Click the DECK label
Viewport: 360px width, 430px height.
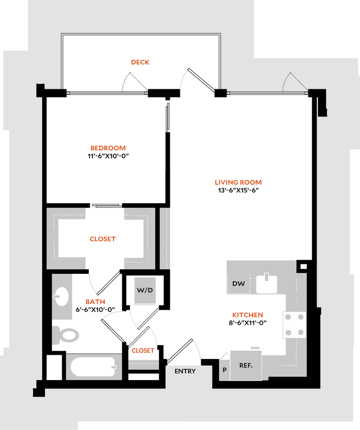click(x=140, y=62)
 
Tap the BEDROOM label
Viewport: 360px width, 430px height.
click(x=108, y=148)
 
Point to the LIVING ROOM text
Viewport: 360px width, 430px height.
click(x=238, y=182)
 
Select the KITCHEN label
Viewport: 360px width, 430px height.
click(x=248, y=315)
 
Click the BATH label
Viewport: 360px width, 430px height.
click(x=95, y=302)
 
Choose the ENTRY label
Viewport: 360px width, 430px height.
click(x=185, y=371)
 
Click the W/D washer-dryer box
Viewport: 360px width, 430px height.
click(x=145, y=291)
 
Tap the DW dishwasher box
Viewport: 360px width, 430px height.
click(x=238, y=284)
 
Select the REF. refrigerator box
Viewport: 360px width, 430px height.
click(x=246, y=365)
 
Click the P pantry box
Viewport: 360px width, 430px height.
click(x=224, y=370)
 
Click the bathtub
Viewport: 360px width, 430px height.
click(x=93, y=367)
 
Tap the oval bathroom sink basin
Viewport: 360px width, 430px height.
click(x=62, y=296)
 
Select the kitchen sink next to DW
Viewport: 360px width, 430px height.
click(x=266, y=284)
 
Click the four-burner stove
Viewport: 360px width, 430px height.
click(x=295, y=325)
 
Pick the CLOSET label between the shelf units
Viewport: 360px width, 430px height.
click(x=102, y=239)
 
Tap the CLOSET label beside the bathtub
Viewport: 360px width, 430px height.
click(x=142, y=351)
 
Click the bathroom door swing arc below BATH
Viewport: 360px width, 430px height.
click(x=112, y=313)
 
